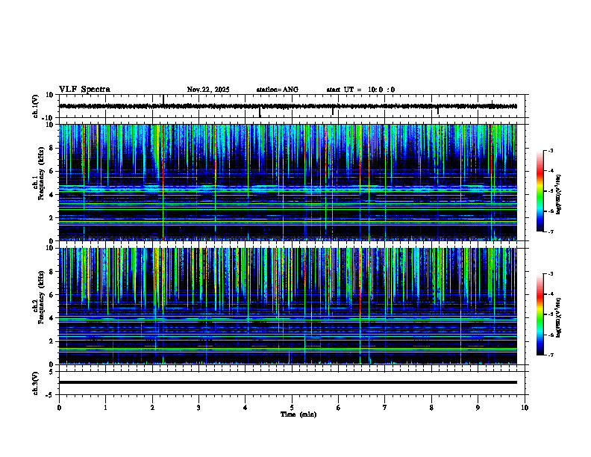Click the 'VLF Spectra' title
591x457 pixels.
pyautogui.click(x=84, y=90)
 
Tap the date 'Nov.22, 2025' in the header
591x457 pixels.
pyautogui.click(x=208, y=90)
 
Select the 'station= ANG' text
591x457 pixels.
pyautogui.click(x=277, y=90)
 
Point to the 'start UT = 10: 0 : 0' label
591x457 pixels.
pyautogui.click(x=360, y=90)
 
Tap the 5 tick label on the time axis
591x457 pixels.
pyautogui.click(x=292, y=407)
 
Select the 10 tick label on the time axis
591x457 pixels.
pyautogui.click(x=525, y=407)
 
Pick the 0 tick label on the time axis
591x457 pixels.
pyautogui.click(x=59, y=407)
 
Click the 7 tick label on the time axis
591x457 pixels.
pyautogui.click(x=385, y=407)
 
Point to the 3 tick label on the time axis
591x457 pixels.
pyautogui.click(x=198, y=407)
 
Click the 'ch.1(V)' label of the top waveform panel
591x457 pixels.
pyautogui.click(x=36, y=106)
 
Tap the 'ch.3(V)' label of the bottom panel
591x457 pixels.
pyautogui.click(x=36, y=382)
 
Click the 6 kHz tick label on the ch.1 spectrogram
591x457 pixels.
pyautogui.click(x=51, y=171)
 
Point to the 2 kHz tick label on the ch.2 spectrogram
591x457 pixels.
pyautogui.click(x=51, y=341)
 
